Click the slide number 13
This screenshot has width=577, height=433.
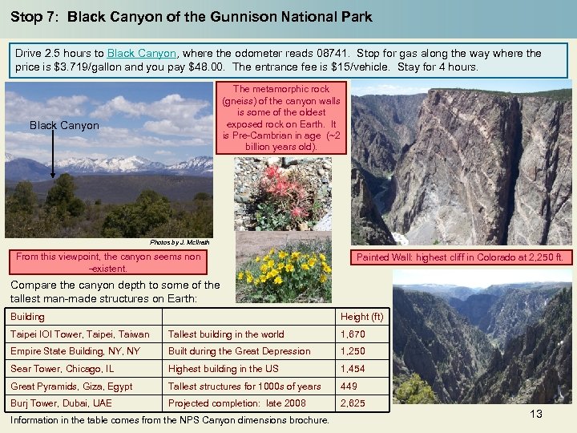click(536, 414)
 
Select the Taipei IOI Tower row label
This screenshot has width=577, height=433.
click(79, 334)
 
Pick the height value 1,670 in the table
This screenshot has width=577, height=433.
click(353, 334)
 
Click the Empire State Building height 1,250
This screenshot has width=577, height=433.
click(353, 351)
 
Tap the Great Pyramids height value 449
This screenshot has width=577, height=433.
click(350, 386)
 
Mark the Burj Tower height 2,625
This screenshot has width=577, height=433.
click(353, 403)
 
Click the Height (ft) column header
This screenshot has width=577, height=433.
click(362, 317)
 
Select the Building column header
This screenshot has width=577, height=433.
click(27, 317)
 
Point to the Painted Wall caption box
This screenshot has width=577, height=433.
click(460, 257)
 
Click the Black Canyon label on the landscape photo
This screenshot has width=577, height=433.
click(64, 125)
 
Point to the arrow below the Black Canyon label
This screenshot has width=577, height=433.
click(53, 156)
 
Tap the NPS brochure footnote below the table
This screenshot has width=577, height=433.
click(169, 420)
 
